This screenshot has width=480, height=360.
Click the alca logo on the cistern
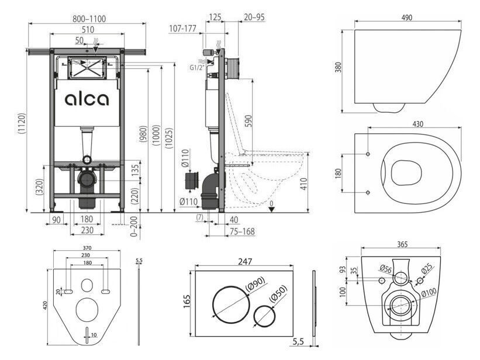pos(87,99)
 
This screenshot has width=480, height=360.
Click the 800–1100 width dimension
pos(89,19)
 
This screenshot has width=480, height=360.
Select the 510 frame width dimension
pos(88,30)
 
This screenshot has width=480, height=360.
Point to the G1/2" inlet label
pos(196,68)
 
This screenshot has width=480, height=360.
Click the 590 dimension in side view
pos(248,121)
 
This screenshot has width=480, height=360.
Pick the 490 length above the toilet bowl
pos(406,18)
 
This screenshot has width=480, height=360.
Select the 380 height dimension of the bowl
pos(338,67)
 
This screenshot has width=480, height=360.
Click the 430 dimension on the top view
pos(418,124)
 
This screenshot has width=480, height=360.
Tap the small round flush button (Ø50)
pos(264,316)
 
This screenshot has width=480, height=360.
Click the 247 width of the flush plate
pos(245,261)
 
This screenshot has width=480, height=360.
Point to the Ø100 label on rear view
pos(429,292)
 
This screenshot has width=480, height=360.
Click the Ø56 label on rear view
pos(385,269)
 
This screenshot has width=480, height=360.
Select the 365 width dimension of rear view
pos(402,244)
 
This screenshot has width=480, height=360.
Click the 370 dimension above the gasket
pos(87,248)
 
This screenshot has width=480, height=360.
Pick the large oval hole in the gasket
pos(87,310)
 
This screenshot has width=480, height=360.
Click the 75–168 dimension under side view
pos(242,231)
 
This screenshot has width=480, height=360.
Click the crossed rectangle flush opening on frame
pos(88,68)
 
